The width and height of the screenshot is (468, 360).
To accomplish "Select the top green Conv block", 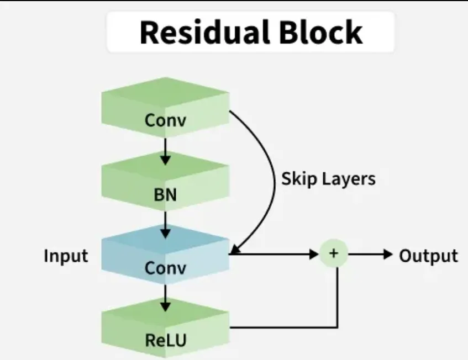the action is pos(165,107).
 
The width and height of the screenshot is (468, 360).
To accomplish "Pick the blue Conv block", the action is pos(165,255).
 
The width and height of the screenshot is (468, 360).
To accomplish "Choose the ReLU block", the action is pos(165,328).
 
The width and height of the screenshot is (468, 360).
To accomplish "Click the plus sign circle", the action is pos(334,253).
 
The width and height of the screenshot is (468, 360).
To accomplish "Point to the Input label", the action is pos(66,256).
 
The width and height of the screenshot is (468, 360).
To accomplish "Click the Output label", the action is pos(428,256).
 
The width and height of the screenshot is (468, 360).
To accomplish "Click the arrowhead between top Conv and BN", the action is pos(165,160).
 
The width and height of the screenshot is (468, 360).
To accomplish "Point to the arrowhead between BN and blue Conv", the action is pos(165,233).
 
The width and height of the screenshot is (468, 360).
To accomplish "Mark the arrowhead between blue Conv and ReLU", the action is pos(165,306).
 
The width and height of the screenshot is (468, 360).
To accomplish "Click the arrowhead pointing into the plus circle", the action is pos(314,255).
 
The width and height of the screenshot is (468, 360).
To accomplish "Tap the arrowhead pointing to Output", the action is pos(388,255).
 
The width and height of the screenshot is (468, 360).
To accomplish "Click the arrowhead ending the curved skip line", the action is pos(235,250).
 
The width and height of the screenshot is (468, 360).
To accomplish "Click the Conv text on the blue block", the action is pos(165,268).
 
